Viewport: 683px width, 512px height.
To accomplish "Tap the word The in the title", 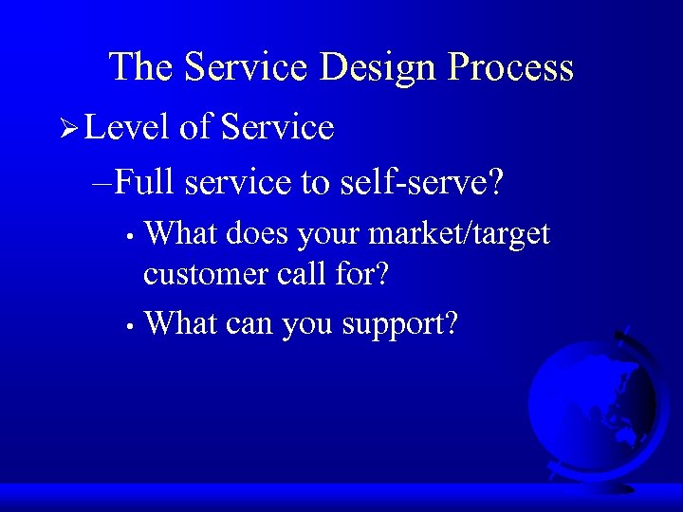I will click(142, 68).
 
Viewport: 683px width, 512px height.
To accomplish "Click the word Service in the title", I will click(247, 68).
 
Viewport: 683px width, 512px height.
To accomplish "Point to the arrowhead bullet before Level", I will click(67, 128).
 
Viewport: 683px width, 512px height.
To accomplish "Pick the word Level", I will click(127, 127).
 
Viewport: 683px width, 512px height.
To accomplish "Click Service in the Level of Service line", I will click(277, 127).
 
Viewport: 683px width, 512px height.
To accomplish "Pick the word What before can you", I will click(181, 324).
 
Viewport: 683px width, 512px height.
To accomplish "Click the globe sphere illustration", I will click(590, 403).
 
